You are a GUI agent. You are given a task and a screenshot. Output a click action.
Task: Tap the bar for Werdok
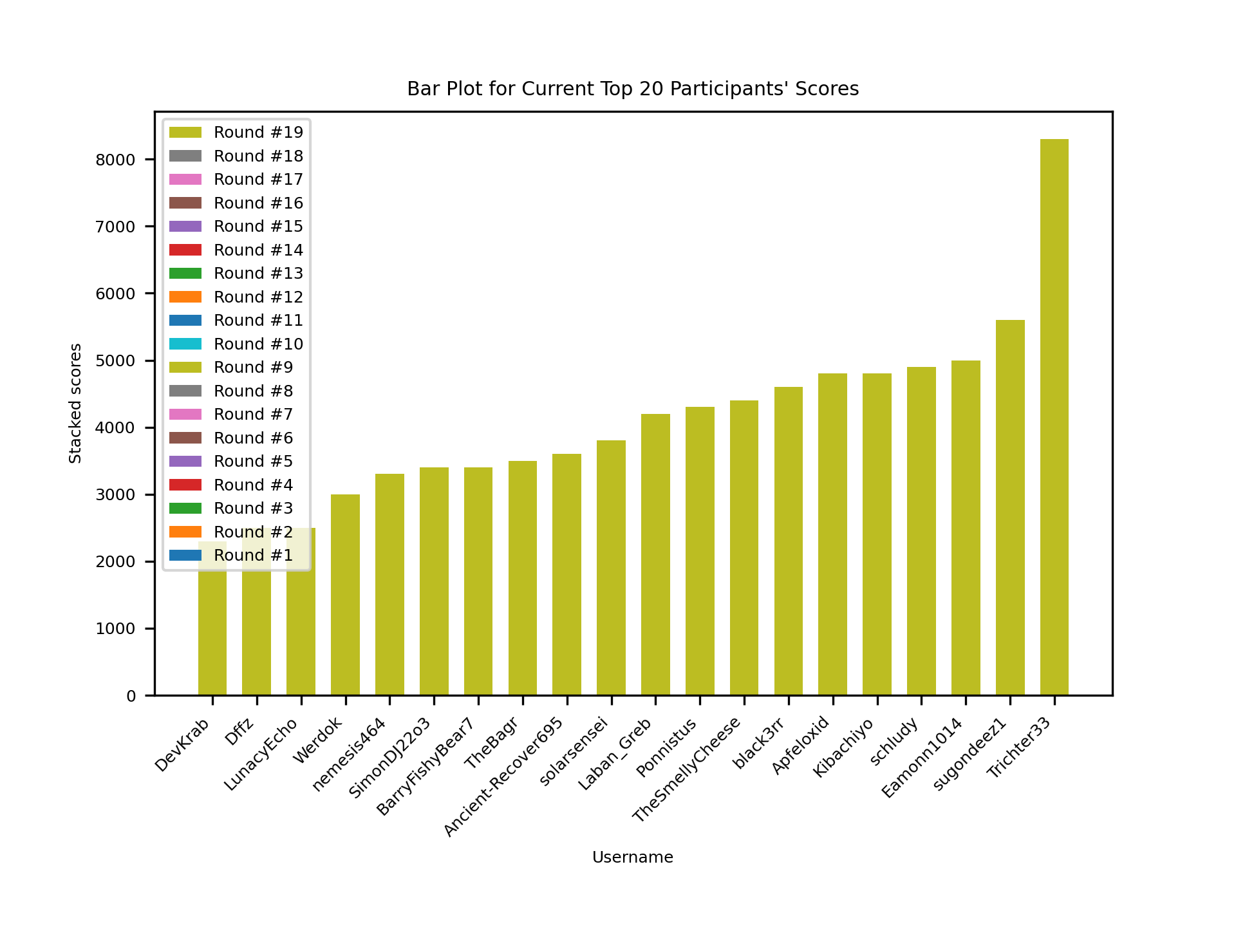(345, 595)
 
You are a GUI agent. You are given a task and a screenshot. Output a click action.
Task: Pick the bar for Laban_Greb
(655, 554)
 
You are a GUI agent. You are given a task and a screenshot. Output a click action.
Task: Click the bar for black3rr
(788, 541)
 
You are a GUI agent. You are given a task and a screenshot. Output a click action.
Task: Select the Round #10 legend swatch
(185, 344)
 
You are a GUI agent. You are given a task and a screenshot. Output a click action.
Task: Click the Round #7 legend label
(253, 415)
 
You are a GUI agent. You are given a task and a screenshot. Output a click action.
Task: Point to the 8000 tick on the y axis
(116, 160)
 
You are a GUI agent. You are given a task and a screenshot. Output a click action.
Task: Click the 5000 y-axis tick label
(116, 361)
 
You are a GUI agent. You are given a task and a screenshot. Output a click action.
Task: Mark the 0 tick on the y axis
(131, 696)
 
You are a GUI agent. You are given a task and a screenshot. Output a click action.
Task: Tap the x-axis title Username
(632, 857)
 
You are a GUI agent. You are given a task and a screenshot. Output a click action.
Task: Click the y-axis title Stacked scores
(75, 403)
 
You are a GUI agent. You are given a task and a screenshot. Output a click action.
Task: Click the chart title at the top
(632, 89)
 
